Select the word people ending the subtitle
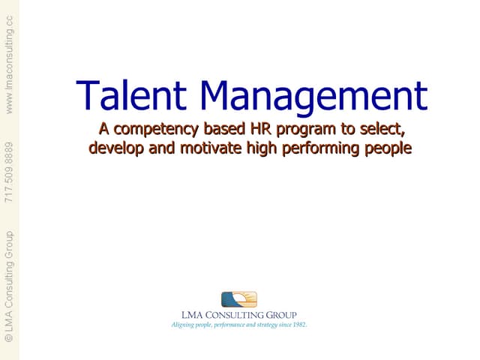click(x=388, y=148)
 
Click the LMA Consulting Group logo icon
click(x=239, y=299)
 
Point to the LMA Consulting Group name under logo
click(x=239, y=315)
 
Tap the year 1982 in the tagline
click(x=298, y=325)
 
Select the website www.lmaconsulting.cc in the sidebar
click(x=9, y=64)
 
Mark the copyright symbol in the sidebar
click(x=9, y=338)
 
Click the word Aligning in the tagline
click(x=183, y=325)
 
